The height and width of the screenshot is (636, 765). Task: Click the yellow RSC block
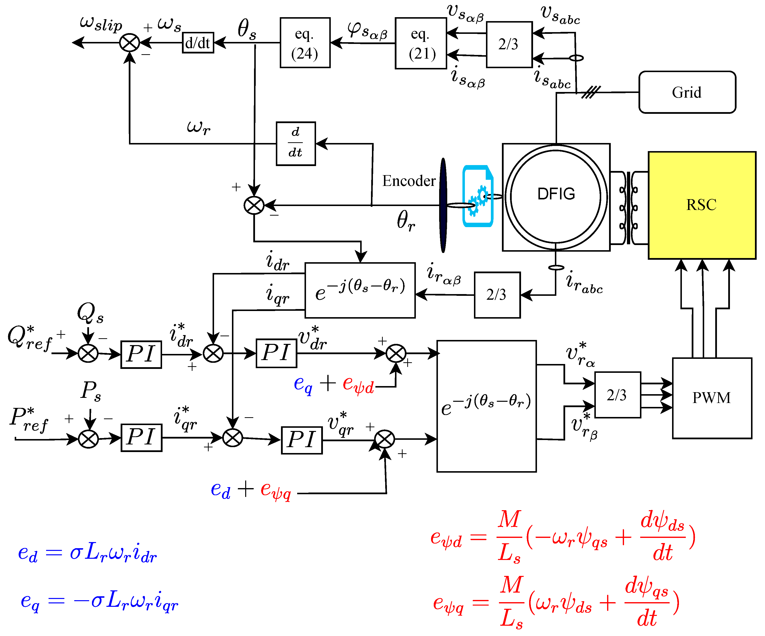701,205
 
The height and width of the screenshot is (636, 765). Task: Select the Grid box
687,92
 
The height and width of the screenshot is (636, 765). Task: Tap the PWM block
712,398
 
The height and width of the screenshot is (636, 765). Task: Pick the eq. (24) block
305,43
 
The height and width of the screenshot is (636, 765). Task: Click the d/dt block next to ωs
198,43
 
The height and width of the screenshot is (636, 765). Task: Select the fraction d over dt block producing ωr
296,143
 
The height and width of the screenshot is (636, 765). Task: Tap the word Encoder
409,181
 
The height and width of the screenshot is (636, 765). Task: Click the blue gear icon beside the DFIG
478,196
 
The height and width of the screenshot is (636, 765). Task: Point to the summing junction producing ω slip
130,43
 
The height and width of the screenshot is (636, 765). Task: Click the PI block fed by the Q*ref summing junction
141,354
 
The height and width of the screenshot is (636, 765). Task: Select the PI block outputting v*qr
302,440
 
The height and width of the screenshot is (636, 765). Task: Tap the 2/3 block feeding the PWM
617,395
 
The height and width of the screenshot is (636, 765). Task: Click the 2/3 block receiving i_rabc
497,295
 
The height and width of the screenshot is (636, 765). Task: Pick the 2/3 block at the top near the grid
509,44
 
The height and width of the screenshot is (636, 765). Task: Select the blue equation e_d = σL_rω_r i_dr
88,553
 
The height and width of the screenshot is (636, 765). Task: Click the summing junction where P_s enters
88,439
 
